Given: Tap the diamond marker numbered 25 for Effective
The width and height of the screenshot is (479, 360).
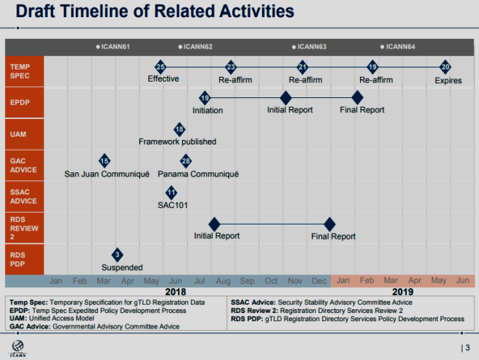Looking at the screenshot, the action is [x=160, y=67].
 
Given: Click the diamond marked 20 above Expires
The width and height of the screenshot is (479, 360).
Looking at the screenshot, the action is [x=445, y=67].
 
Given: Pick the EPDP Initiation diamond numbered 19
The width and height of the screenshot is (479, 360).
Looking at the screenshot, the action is [x=205, y=98].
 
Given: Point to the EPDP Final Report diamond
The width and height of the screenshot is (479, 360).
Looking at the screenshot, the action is [x=357, y=98].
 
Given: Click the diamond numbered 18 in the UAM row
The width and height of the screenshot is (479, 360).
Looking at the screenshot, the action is [x=180, y=129].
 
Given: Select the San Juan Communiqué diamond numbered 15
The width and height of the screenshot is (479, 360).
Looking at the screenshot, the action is [x=105, y=161].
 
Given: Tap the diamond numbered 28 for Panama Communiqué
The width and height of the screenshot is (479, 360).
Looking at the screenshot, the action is [x=186, y=161].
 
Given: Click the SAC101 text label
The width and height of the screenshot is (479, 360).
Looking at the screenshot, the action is [x=173, y=205].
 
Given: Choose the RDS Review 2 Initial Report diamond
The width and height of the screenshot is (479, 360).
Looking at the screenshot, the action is [x=215, y=225].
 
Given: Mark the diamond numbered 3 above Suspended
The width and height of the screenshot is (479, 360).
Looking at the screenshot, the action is [x=118, y=254].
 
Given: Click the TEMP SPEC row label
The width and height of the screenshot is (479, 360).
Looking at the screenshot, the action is [x=20, y=71].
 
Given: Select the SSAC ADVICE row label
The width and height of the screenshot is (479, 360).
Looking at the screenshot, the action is [x=23, y=197].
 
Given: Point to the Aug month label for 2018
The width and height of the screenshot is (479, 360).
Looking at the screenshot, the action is [x=223, y=281].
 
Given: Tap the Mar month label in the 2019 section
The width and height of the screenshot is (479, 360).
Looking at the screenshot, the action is [x=391, y=280].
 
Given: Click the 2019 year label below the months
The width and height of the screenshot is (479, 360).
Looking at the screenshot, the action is [x=403, y=292].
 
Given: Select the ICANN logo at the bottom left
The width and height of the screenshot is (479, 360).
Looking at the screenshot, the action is [x=18, y=349].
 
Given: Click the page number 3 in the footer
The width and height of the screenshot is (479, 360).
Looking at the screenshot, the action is [x=468, y=348].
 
